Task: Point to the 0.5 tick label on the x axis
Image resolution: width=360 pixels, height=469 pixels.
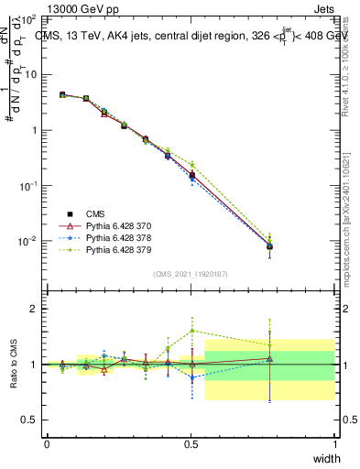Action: pyautogui.click(x=191, y=444)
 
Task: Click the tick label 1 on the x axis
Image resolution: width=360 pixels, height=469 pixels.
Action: pyautogui.click(x=334, y=444)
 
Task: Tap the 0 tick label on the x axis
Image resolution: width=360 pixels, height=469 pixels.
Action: pyautogui.click(x=47, y=444)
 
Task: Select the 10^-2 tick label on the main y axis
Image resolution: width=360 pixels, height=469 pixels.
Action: pyautogui.click(x=27, y=241)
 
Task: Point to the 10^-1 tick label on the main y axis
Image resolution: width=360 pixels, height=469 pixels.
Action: pyautogui.click(x=27, y=185)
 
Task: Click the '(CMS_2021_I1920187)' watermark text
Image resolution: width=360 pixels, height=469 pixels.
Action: pyautogui.click(x=191, y=273)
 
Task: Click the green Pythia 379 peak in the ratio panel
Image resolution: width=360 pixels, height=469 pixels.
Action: pyautogui.click(x=191, y=331)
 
